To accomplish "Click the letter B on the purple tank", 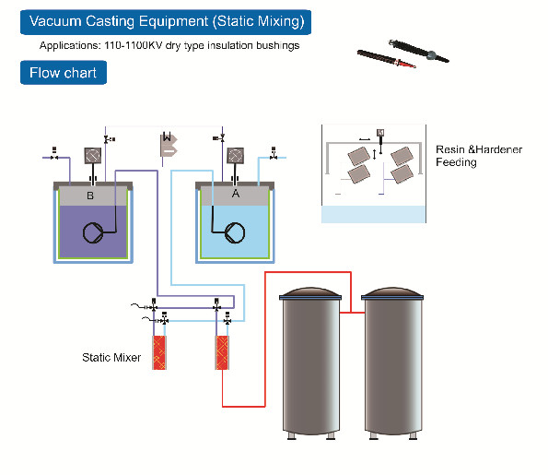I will click(x=90, y=196).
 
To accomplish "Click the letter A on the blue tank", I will click(x=236, y=195).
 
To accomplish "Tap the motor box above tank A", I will click(x=234, y=156).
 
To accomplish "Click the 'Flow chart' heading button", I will click(x=64, y=73).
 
